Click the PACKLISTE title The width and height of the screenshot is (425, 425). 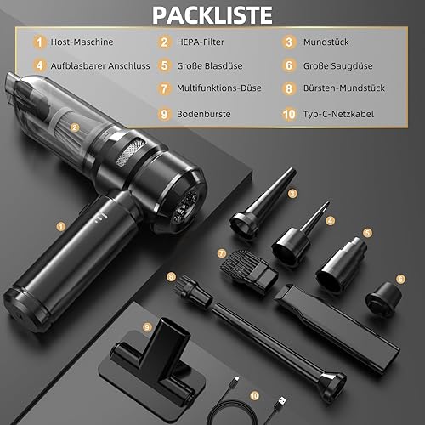[212, 15]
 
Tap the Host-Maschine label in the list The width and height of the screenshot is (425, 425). [82, 42]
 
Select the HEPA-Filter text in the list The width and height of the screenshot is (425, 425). [201, 42]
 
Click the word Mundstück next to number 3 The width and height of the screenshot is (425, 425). [326, 42]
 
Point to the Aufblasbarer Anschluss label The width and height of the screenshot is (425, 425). [100, 65]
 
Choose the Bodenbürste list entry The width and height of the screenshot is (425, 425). [204, 114]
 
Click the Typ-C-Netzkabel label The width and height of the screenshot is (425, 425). [338, 114]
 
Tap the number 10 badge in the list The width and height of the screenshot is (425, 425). [289, 114]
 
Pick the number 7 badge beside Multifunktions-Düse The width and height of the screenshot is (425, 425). [164, 88]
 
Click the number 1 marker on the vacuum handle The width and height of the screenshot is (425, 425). [61, 226]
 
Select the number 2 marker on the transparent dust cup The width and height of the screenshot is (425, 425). [75, 127]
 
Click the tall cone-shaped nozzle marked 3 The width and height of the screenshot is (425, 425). [263, 203]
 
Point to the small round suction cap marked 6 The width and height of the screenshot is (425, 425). [383, 299]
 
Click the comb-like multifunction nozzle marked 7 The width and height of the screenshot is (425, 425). [248, 271]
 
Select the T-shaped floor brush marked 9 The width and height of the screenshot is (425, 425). [153, 361]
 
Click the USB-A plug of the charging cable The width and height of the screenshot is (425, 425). [280, 401]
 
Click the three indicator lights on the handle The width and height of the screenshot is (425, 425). [101, 218]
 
